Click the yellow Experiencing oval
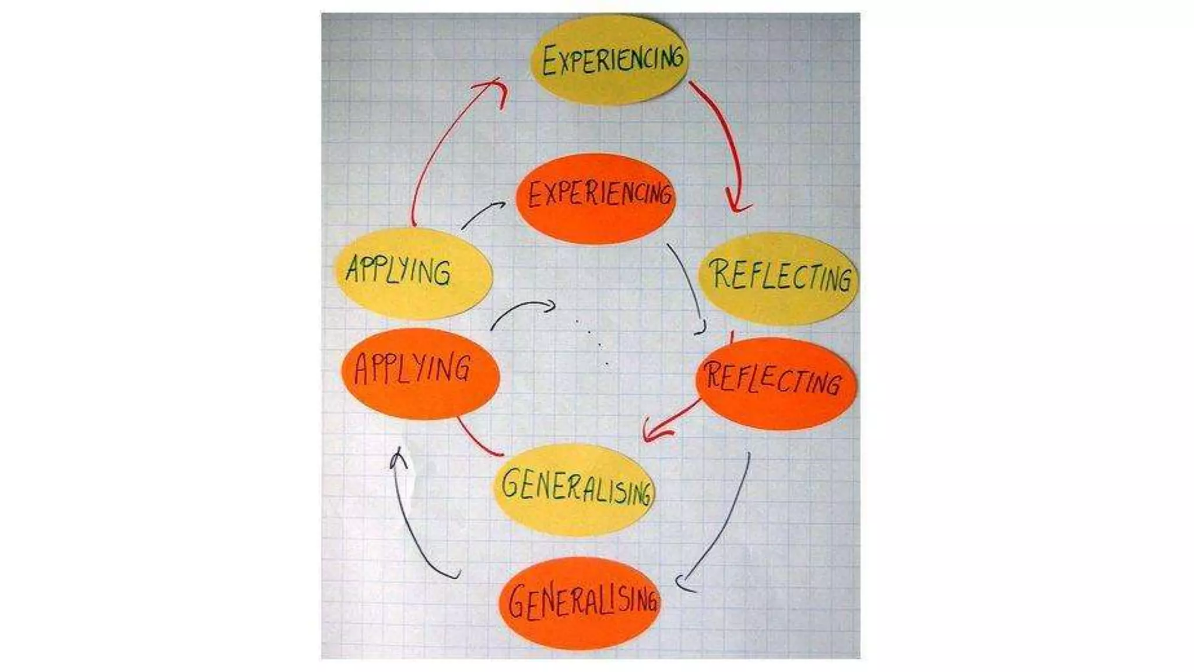point(609,60)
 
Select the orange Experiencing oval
point(596,198)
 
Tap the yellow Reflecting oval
point(778,278)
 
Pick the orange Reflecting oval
point(775,383)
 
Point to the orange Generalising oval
point(580,602)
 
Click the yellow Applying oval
point(413,273)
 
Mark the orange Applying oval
point(420,373)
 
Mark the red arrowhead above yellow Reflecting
point(737,204)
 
